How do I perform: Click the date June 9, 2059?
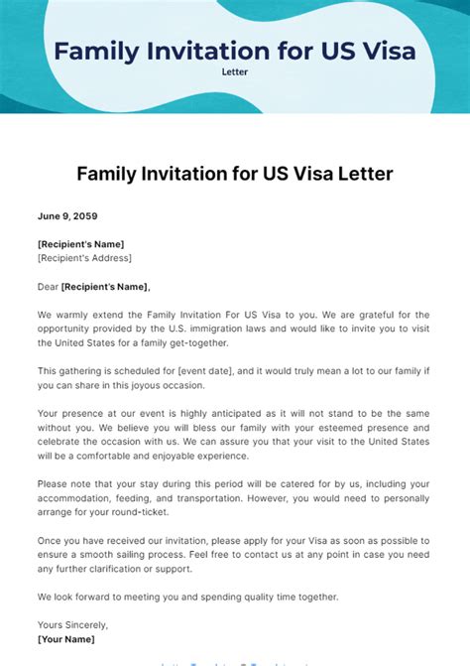[x=67, y=215]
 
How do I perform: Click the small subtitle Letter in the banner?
[x=235, y=71]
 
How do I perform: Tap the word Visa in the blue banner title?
[x=381, y=50]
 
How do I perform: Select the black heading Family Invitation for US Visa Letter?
[x=235, y=174]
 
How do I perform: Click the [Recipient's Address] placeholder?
[x=84, y=258]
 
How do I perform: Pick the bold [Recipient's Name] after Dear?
[x=105, y=287]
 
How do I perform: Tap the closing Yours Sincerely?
[x=73, y=625]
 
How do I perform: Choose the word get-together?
[x=196, y=342]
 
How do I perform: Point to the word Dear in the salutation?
[x=48, y=287]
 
